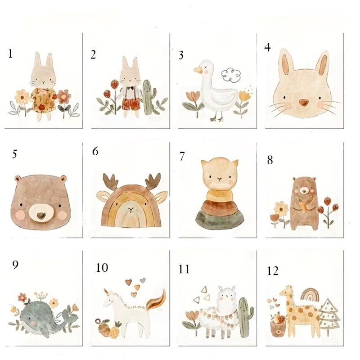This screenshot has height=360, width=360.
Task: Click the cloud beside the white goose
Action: tap(231, 75)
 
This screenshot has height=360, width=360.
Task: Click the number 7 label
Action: tap(182, 156)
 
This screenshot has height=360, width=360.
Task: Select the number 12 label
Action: tap(273, 271)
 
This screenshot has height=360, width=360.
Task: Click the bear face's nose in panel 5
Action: tap(41, 216)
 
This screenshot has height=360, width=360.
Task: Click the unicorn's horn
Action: tap(106, 292)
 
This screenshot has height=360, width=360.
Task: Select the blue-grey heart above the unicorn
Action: tap(143, 280)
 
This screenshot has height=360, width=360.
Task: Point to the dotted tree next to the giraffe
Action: tap(329, 316)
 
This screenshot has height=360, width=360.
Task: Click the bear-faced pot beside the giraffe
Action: tap(277, 329)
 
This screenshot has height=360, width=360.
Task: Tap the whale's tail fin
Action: tap(69, 317)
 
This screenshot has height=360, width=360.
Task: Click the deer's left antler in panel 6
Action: tap(110, 181)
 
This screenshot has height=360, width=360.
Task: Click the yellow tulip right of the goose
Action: tap(244, 96)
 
